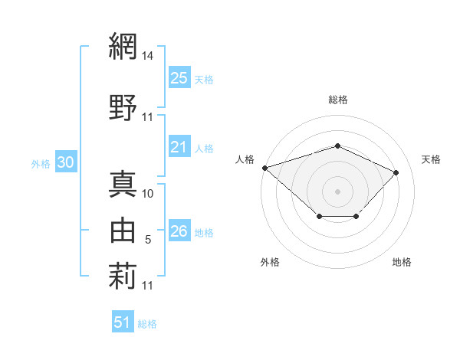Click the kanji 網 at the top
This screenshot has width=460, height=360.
(x=123, y=46)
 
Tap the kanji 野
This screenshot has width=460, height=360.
(x=123, y=107)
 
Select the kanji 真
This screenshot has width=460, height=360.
(x=123, y=184)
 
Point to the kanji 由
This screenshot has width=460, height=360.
(x=123, y=230)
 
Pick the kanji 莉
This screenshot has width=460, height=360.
(x=123, y=276)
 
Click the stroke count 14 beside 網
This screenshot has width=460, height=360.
(x=147, y=56)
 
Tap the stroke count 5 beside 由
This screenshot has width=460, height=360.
(x=148, y=240)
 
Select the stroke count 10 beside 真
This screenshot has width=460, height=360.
(x=147, y=194)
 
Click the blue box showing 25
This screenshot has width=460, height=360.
(x=179, y=77)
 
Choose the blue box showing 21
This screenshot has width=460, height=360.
(x=179, y=146)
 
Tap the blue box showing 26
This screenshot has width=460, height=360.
(x=179, y=230)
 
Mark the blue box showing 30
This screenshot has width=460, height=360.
(x=66, y=162)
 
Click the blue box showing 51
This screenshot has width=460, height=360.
(x=123, y=321)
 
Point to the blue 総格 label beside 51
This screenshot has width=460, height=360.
(x=147, y=324)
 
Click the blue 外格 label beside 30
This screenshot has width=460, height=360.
(x=41, y=164)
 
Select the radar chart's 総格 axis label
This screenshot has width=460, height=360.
(x=338, y=100)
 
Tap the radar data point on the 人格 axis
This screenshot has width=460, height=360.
(x=265, y=168)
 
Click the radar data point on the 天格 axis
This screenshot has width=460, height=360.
(x=396, y=172)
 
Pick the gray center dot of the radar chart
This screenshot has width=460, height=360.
(x=337, y=191)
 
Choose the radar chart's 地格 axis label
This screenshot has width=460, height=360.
(x=402, y=262)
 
